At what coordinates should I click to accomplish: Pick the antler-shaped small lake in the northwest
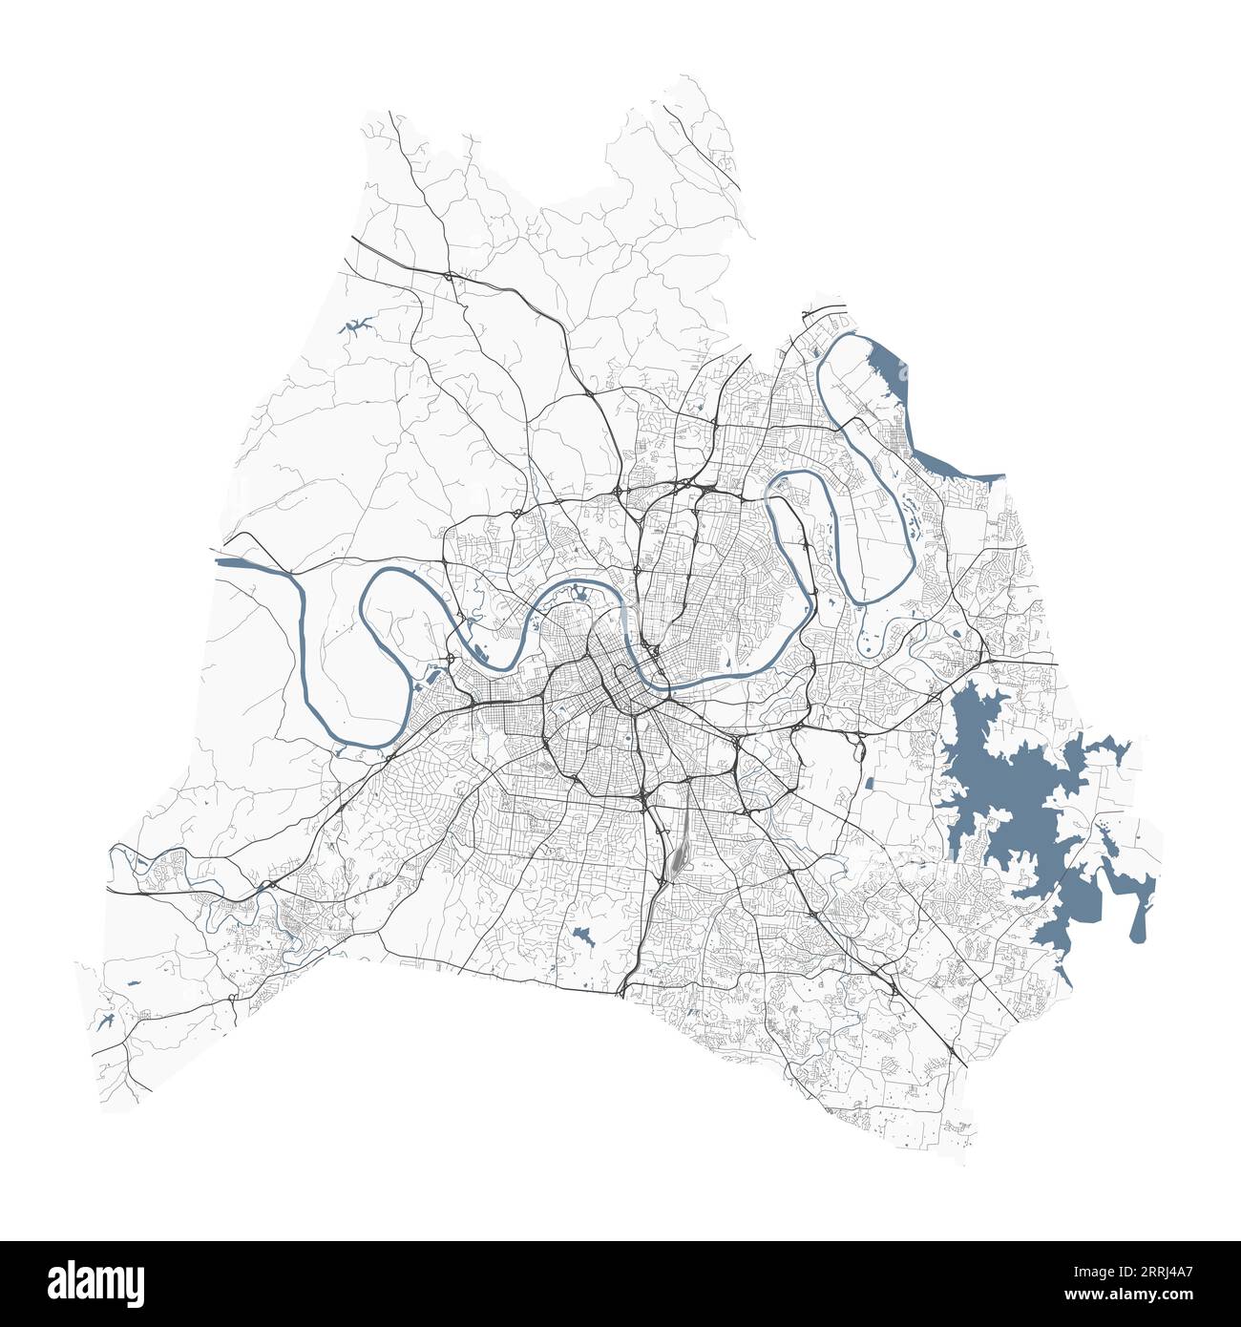[x=356, y=327]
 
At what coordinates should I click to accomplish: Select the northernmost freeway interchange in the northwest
[x=448, y=277]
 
